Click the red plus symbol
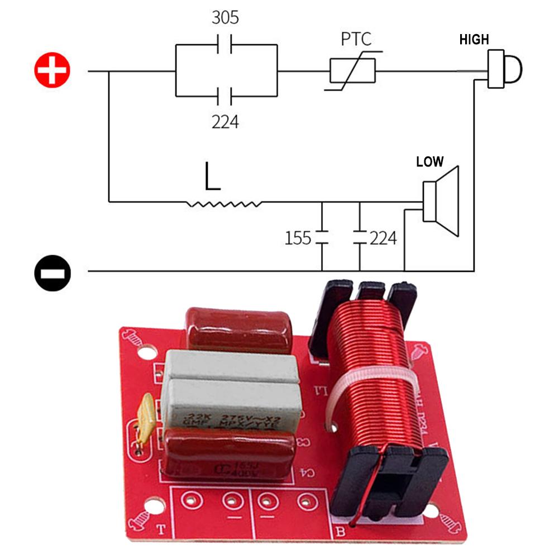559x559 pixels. pyautogui.click(x=52, y=71)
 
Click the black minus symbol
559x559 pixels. pyautogui.click(x=52, y=272)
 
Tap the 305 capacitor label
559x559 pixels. pyautogui.click(x=225, y=18)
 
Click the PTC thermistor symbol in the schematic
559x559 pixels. pyautogui.click(x=352, y=71)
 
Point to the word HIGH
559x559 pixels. pyautogui.click(x=474, y=40)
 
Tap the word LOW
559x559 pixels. pyautogui.click(x=429, y=162)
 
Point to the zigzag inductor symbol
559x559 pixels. pyautogui.click(x=224, y=204)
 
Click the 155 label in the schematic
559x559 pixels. pyautogui.click(x=298, y=238)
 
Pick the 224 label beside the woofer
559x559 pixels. pyautogui.click(x=383, y=238)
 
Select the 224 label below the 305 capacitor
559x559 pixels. pyautogui.click(x=225, y=121)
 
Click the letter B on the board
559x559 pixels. pyautogui.click(x=340, y=531)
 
